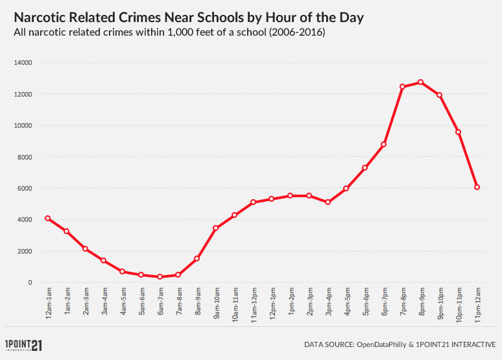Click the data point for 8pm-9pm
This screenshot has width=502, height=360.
point(421,82)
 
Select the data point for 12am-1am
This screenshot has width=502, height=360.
point(47,218)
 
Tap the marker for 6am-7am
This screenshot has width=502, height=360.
point(160,276)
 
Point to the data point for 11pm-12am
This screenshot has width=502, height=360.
point(477,187)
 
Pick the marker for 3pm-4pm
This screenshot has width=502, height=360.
point(328,202)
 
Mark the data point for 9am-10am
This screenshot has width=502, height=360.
point(215,228)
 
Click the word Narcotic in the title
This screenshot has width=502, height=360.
point(42,18)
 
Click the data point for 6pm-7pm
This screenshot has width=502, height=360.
point(384,144)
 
